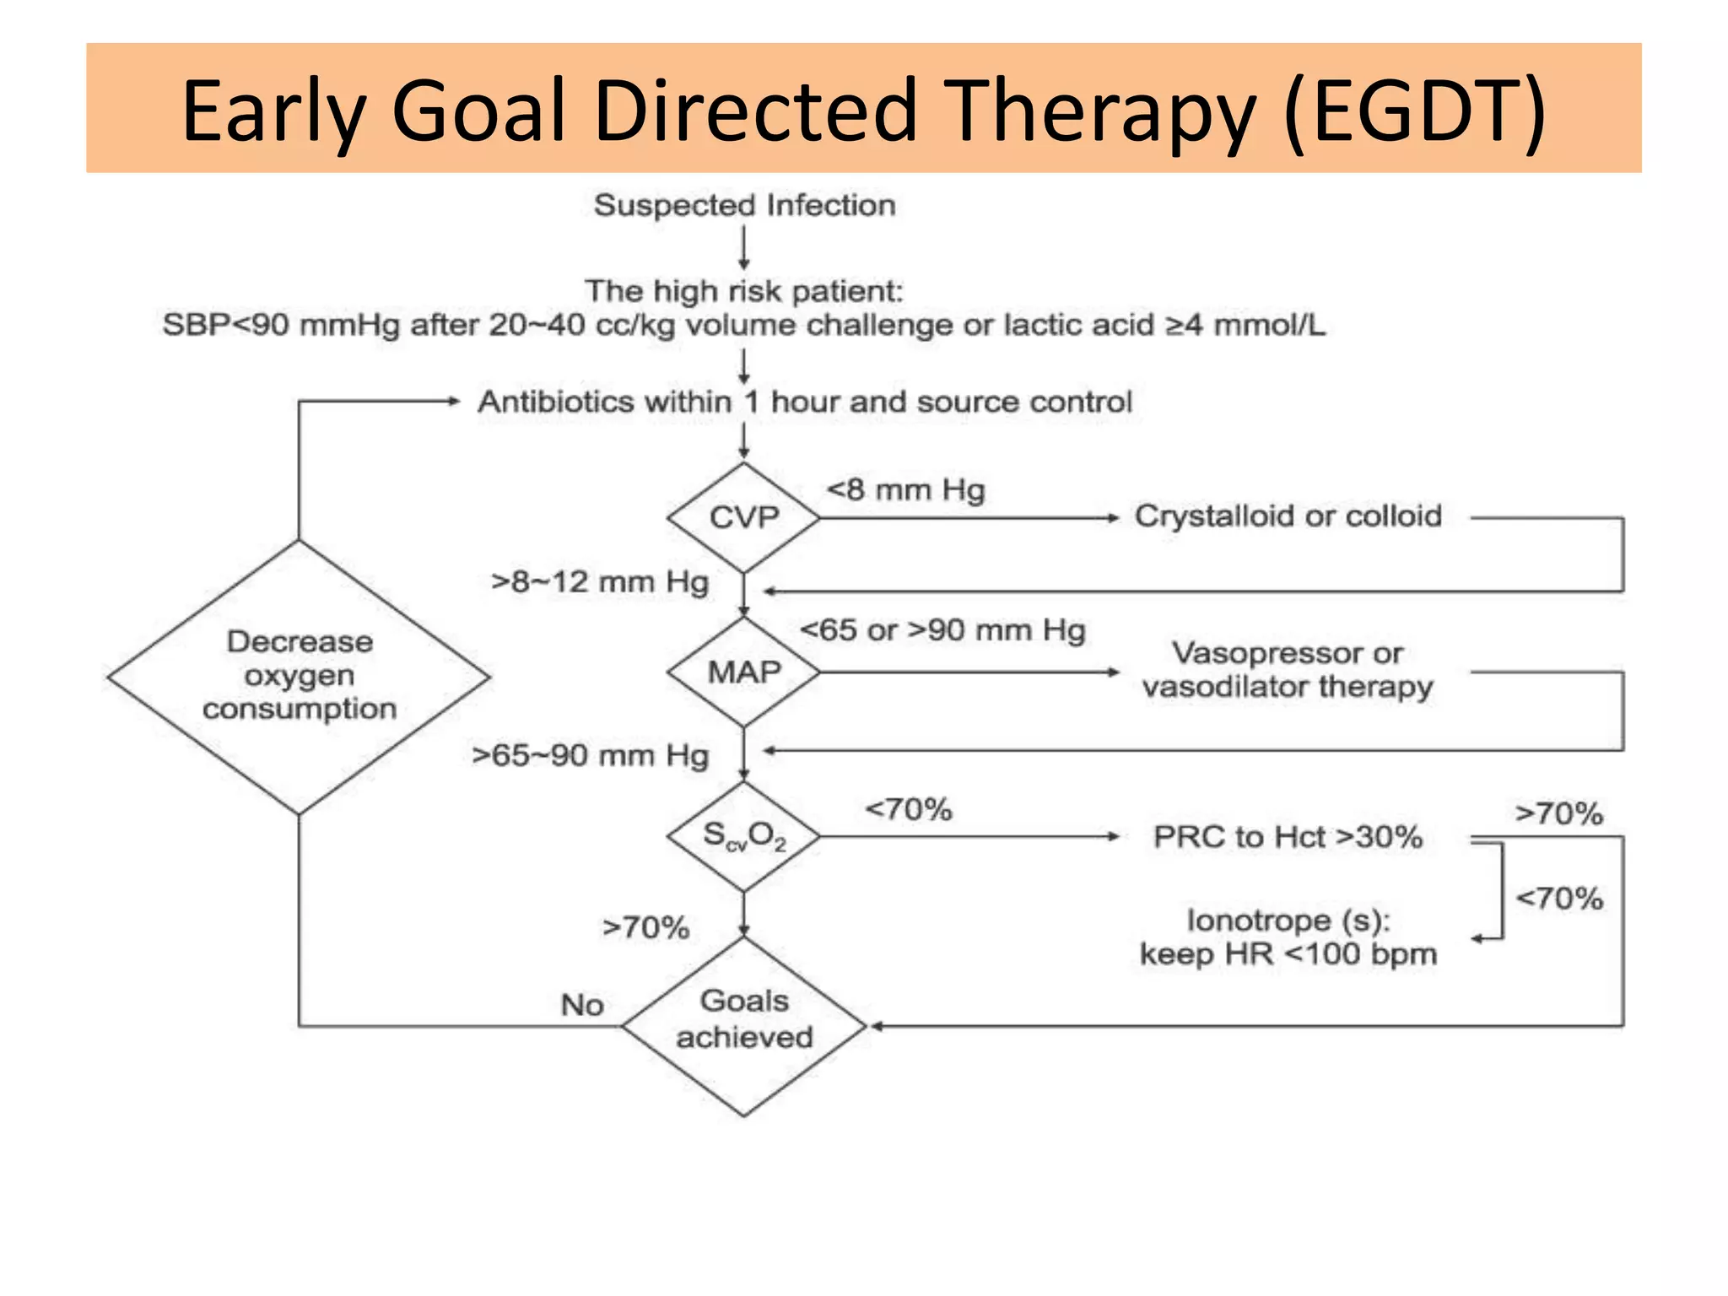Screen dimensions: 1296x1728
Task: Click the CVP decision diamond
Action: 743,517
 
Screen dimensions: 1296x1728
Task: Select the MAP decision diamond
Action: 743,672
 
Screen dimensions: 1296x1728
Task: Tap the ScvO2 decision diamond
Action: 743,836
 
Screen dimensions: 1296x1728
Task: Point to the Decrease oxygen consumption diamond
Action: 299,676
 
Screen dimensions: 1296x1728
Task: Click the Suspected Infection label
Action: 744,205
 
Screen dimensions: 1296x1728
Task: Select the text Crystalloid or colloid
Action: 1288,516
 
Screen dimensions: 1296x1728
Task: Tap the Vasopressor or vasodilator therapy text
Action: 1288,670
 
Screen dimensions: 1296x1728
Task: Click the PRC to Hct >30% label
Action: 1288,837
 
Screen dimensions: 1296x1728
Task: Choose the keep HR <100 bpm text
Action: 1288,954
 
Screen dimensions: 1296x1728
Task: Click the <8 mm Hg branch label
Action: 905,489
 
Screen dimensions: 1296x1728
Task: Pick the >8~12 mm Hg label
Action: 600,582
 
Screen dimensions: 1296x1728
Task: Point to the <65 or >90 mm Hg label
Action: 942,630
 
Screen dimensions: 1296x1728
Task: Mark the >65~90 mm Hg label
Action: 590,755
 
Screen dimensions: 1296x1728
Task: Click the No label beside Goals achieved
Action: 582,1005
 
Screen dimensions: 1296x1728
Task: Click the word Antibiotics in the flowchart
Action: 604,402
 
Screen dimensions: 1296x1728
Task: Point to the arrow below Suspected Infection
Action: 743,249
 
